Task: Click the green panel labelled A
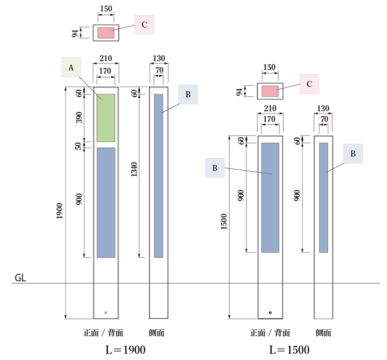pyautogui.click(x=106, y=118)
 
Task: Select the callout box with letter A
pyautogui.click(x=71, y=67)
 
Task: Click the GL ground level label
pyautogui.click(x=20, y=278)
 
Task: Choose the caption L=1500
pyautogui.click(x=289, y=349)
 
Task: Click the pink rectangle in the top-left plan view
pyautogui.click(x=106, y=33)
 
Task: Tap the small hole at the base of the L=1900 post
pyautogui.click(x=106, y=313)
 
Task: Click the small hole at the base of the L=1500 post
pyautogui.click(x=270, y=313)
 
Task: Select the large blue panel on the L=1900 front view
pyautogui.click(x=106, y=202)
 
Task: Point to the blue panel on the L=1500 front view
pyautogui.click(x=270, y=197)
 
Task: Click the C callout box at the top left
pyautogui.click(x=144, y=25)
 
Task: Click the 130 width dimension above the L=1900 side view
pyautogui.click(x=159, y=59)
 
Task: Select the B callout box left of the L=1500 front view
pyautogui.click(x=215, y=168)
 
